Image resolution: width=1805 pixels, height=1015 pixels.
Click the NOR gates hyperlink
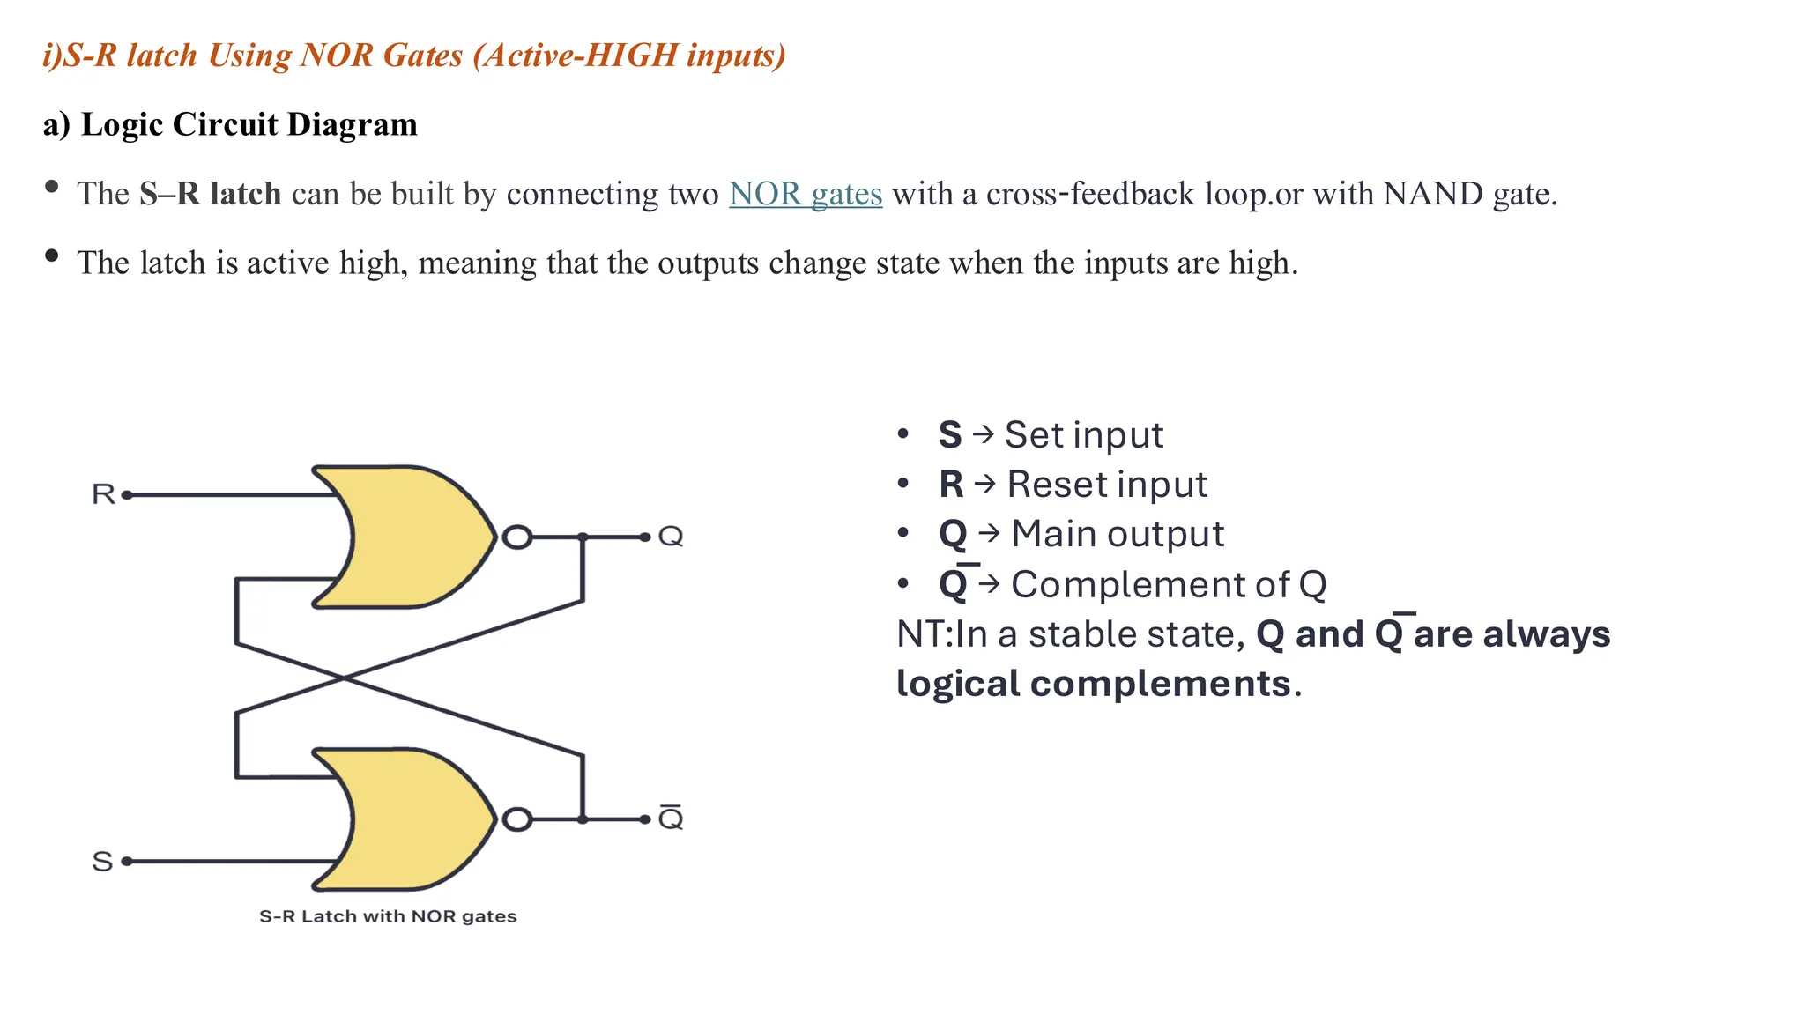pos(805,194)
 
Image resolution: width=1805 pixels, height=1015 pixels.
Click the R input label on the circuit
pos(103,494)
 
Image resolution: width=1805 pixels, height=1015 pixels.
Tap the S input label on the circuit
pos(102,861)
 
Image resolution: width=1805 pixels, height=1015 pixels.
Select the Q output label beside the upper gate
pos(671,536)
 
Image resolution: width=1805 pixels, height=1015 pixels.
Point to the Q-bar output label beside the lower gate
pos(671,819)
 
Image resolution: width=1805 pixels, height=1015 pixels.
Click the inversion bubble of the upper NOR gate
pos(517,537)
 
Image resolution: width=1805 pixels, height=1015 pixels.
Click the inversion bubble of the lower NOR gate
pos(517,819)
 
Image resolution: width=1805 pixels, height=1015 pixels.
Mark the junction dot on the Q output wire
pos(583,537)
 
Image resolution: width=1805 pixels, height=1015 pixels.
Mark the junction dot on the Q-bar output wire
pos(583,819)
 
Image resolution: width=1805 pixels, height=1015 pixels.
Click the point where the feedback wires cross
pos(344,678)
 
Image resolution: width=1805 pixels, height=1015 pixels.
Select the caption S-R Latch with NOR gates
pos(388,916)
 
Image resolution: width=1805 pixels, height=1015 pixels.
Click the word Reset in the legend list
pos(1056,485)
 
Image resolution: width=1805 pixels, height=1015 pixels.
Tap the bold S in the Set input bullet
pos(949,435)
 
